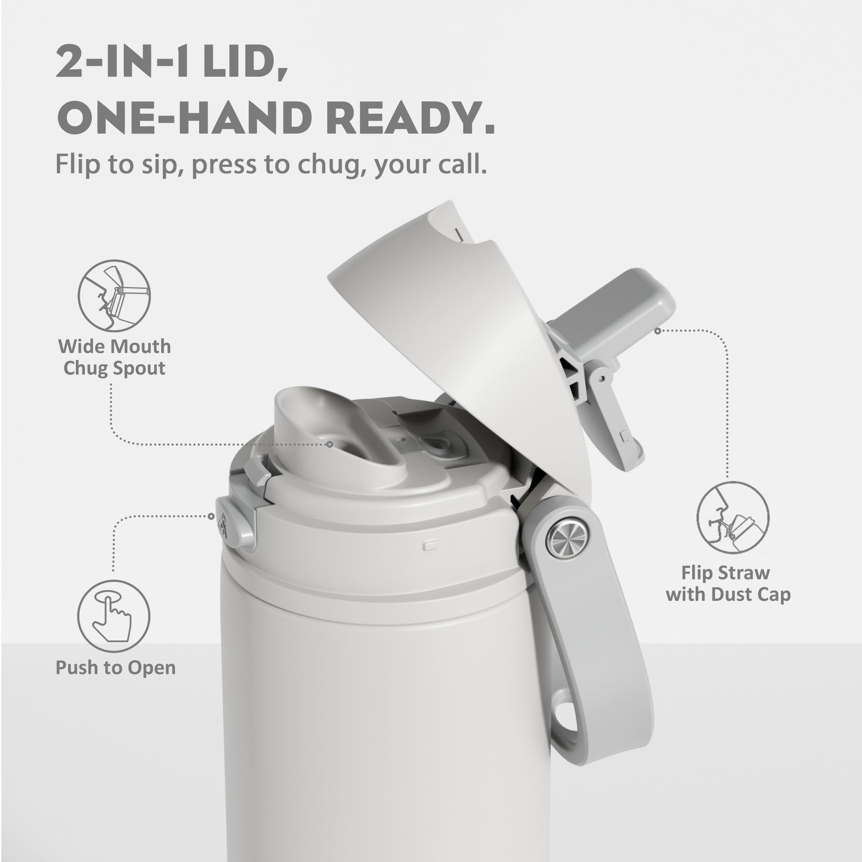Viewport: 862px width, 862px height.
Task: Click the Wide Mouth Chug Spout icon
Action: coord(114,295)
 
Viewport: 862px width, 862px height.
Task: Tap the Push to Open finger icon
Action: coord(113,616)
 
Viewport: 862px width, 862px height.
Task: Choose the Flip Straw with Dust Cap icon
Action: coord(733,518)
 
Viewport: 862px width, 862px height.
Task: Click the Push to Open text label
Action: coord(116,668)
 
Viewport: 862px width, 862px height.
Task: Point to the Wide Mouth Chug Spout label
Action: coord(115,357)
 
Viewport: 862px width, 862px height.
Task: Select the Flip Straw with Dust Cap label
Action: coord(728,584)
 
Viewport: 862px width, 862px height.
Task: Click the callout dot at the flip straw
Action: coord(657,331)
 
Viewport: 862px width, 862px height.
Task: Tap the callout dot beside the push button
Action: coord(211,516)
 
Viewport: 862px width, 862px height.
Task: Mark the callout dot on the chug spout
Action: coord(330,444)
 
